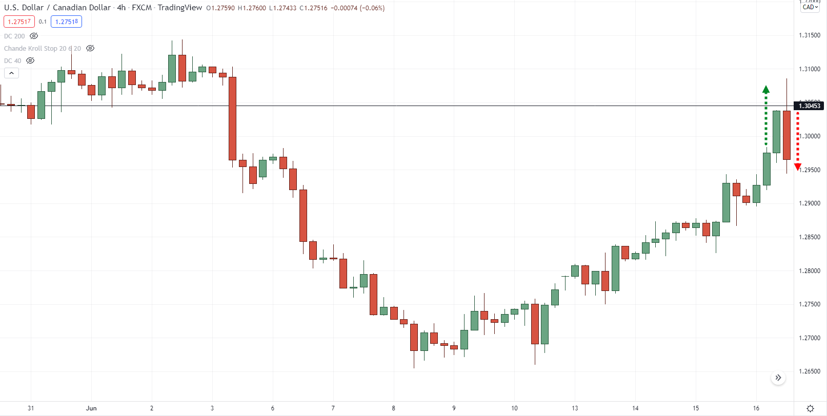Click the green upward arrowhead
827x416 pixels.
[x=766, y=90]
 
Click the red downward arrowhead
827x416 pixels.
[x=797, y=167]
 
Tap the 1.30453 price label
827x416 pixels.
[x=809, y=106]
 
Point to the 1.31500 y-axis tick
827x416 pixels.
[x=809, y=35]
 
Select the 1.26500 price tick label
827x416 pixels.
[x=809, y=371]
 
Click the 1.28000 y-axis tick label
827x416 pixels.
[x=809, y=271]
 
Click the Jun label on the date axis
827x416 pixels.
[x=91, y=408]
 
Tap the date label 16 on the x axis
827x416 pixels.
[x=756, y=408]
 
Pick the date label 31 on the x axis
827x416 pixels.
[x=31, y=408]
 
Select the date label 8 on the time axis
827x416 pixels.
[x=393, y=408]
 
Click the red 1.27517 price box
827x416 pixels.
[x=19, y=22]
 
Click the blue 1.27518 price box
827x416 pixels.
[x=66, y=22]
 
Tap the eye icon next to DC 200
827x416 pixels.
[x=34, y=36]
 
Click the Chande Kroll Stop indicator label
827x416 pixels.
[x=42, y=49]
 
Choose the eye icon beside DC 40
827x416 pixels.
[x=30, y=61]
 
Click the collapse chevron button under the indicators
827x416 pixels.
[x=11, y=73]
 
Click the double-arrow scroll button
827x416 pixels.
[x=778, y=378]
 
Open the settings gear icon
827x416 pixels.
[x=810, y=408]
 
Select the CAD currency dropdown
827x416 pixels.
[x=810, y=7]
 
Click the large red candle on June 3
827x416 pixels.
[x=232, y=118]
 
